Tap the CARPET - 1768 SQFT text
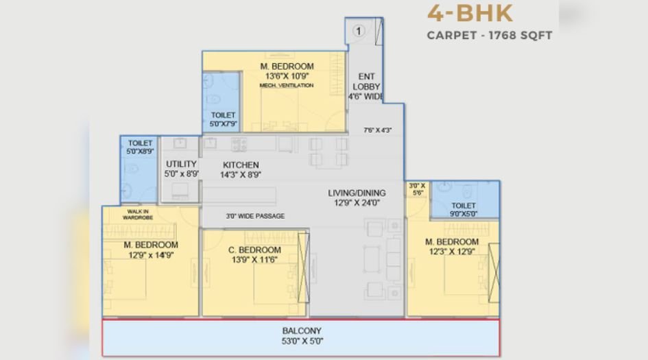(x=489, y=35)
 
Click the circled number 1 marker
(x=359, y=30)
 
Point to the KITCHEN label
(x=241, y=165)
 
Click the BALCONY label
(x=302, y=331)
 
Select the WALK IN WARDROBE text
(x=136, y=214)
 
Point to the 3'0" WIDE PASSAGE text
(x=255, y=216)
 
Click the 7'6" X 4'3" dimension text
(x=378, y=130)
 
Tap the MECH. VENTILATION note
(x=287, y=86)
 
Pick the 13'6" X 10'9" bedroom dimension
(x=287, y=76)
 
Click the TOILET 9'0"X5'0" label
(x=464, y=209)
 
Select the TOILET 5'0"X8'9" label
(x=141, y=146)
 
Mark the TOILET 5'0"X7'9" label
(x=223, y=119)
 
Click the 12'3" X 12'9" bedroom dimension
(x=451, y=252)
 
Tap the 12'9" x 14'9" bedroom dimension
(x=151, y=255)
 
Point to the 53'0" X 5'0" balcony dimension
(x=302, y=341)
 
